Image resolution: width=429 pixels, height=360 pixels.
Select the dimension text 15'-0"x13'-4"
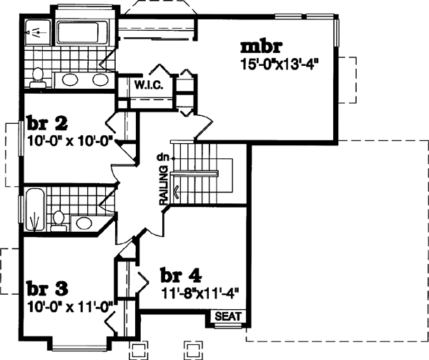(278, 64)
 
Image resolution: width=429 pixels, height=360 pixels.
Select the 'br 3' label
(47, 288)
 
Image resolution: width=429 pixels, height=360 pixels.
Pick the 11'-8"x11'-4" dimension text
(199, 292)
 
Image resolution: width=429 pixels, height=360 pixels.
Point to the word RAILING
(164, 187)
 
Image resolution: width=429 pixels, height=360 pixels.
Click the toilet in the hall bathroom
(59, 218)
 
